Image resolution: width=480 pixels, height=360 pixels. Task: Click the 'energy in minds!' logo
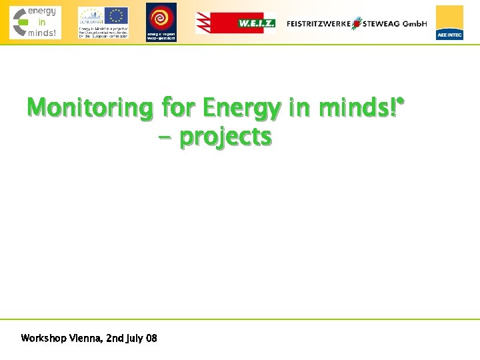coord(35,23)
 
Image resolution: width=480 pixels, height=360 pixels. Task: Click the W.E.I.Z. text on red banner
coord(256,23)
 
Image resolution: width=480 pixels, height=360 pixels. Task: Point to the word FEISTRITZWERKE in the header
coord(319,23)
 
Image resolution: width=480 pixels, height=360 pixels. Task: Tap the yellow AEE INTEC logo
coord(449,23)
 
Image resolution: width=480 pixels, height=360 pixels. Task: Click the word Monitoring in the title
coord(90,107)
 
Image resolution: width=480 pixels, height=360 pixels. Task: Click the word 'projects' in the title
coord(226,137)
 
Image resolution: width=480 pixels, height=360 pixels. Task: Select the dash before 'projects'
coord(165,138)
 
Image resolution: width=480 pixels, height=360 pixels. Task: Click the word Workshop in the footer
coord(43,339)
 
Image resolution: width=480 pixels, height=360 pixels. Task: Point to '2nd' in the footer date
coord(115,339)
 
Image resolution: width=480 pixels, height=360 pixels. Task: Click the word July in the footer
coord(136,339)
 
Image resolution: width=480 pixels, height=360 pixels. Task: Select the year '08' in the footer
coord(152,339)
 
